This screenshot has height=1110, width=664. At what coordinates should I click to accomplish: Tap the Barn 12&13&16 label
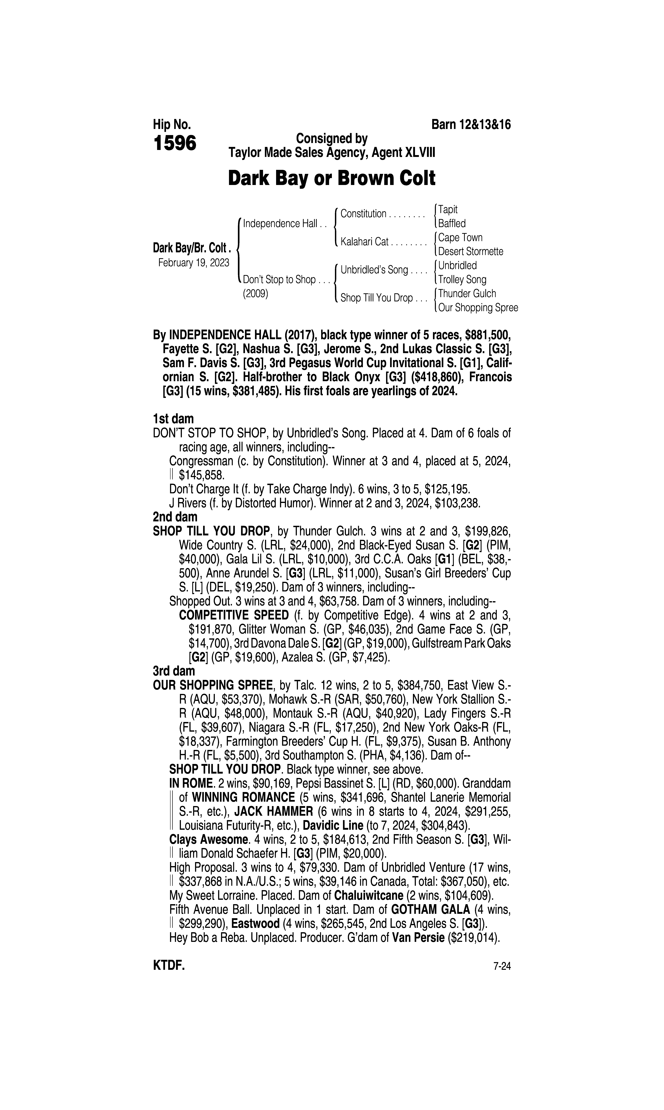pos(471,124)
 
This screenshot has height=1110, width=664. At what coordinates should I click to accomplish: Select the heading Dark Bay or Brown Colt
pos(332,178)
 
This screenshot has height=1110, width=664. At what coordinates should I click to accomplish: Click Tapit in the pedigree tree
pos(448,209)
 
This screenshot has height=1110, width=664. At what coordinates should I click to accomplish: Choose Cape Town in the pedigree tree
pos(460,237)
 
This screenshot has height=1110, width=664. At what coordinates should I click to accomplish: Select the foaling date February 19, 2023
pos(193,262)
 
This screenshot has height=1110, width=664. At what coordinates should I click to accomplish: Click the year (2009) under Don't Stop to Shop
pos(255,294)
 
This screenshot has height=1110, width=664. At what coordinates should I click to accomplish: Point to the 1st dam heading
pos(174,419)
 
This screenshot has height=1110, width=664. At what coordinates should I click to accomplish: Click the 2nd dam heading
pos(175,517)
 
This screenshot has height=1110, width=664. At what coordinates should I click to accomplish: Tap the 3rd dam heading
pos(174,671)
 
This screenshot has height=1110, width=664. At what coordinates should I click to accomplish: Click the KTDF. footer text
pos(169,966)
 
